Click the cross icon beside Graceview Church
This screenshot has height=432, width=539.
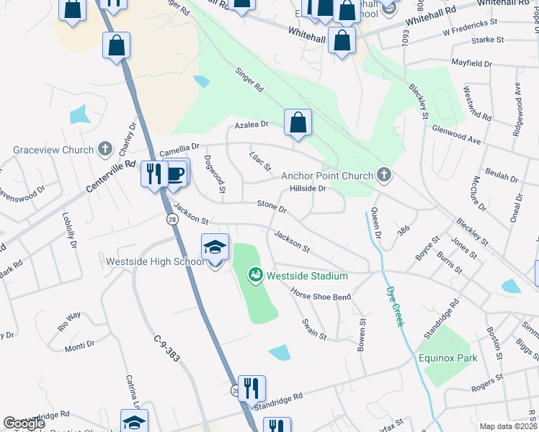pos(105,150)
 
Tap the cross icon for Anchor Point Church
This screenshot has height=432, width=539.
pos(384,175)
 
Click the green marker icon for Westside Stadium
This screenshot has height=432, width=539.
pos(254,275)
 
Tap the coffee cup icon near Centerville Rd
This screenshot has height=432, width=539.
pos(175,174)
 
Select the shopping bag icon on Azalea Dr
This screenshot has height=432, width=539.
pos(298,123)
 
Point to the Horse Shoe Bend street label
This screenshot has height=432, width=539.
pos(320,294)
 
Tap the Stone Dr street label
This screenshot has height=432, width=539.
pos(272,207)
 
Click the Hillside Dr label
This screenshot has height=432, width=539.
pos(308,189)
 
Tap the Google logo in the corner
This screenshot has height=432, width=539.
pos(23,423)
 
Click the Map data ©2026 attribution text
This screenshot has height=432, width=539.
pos(508,426)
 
